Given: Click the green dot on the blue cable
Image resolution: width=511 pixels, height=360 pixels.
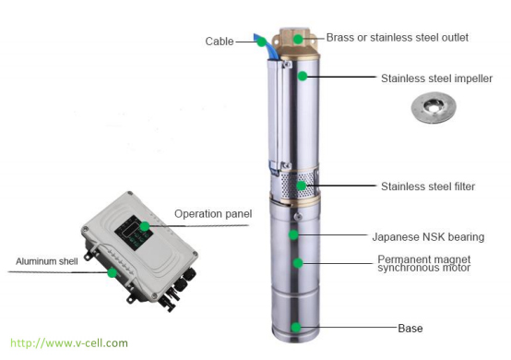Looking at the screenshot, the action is [x=261, y=42].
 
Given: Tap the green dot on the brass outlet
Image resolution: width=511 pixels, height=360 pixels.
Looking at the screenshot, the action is [x=298, y=39].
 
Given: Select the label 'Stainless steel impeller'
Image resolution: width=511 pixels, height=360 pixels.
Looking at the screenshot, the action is [x=436, y=78].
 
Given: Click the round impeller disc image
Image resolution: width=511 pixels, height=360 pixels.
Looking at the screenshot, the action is [x=434, y=107].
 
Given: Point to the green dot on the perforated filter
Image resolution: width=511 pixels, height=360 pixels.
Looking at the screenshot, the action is [x=302, y=186].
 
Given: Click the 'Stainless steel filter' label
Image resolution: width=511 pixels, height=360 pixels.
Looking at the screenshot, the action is [x=428, y=186].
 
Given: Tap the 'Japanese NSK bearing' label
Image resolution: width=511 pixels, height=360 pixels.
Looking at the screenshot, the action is [x=428, y=237].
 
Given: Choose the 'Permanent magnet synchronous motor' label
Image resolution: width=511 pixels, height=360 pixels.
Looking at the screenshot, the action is [x=424, y=263].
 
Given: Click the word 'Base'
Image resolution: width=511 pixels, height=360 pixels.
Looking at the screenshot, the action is [x=410, y=329].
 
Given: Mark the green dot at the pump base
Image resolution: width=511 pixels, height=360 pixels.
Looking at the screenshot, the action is [x=296, y=328].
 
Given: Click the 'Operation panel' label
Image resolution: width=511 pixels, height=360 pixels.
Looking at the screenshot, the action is [x=213, y=214].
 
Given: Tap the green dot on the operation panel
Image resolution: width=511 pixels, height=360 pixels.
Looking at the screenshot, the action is [x=145, y=226].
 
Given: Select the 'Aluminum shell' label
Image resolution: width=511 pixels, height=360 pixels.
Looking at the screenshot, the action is [x=47, y=261].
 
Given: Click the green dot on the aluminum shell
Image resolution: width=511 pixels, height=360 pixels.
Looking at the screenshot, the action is [x=112, y=272].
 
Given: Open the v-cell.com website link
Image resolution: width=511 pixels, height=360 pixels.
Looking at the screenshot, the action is [x=69, y=343].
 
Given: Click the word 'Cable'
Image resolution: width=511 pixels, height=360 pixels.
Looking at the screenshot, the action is [x=220, y=42].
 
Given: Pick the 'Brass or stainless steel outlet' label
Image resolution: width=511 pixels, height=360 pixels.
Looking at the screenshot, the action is [x=398, y=38].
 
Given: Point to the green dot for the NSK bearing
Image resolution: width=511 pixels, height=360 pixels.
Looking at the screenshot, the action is [x=293, y=234].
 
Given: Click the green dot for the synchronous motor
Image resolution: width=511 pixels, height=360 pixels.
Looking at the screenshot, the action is [x=298, y=263].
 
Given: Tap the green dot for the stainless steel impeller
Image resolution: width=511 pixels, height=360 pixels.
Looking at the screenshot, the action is [x=303, y=76].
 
